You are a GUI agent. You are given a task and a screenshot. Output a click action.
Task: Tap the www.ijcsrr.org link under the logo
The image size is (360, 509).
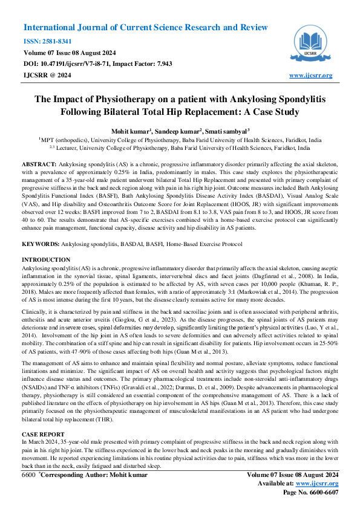[x=311, y=75]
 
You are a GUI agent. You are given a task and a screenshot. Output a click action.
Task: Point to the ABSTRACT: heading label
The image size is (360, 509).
[x=39, y=164]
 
